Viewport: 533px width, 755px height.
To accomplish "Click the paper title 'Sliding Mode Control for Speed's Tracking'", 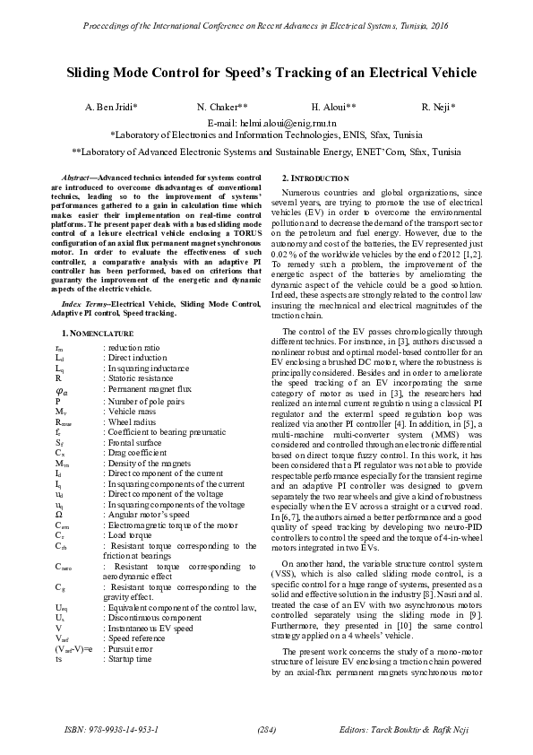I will [266, 73].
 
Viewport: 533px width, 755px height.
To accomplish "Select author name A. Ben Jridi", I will [111, 107].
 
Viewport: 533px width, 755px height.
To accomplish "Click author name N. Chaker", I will [222, 107].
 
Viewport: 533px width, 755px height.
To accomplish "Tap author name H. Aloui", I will [333, 107].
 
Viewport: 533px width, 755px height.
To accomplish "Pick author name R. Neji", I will [439, 107].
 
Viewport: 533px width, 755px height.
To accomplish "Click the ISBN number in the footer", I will [112, 729].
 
